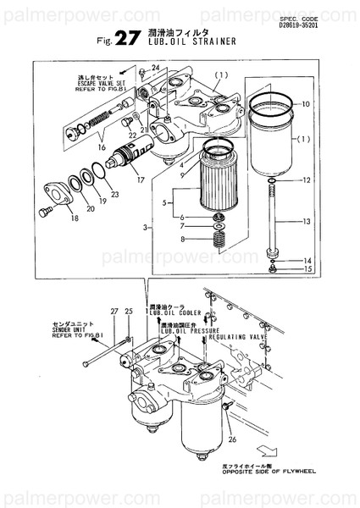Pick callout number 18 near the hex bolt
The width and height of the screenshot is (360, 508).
[51, 218]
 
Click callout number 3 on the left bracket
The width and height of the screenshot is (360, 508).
[147, 229]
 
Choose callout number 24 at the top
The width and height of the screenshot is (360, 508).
[155, 67]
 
